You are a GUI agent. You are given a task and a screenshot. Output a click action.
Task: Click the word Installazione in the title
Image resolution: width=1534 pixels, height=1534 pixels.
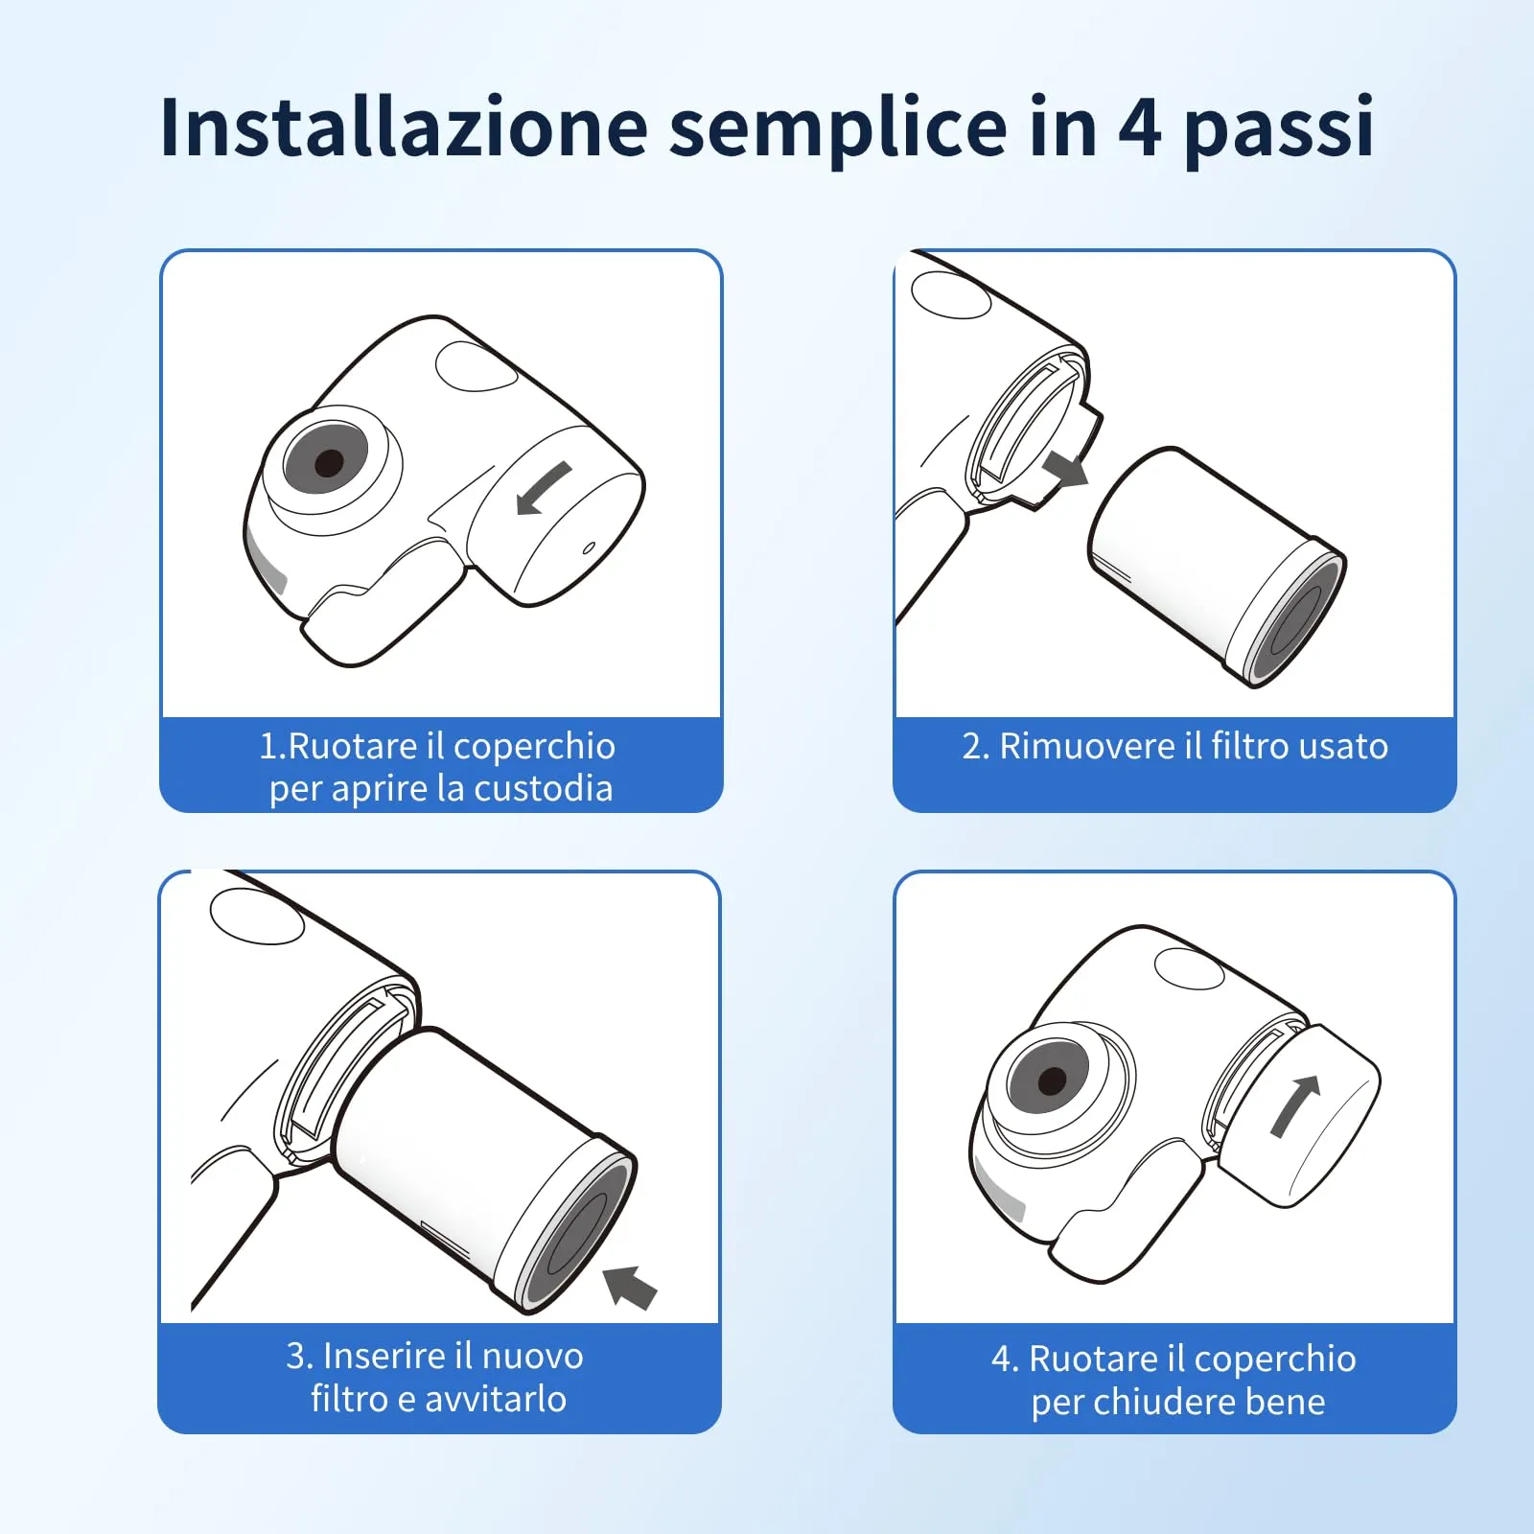[x=405, y=127]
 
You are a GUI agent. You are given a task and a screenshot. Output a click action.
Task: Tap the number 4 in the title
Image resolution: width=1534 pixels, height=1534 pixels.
[x=1139, y=127]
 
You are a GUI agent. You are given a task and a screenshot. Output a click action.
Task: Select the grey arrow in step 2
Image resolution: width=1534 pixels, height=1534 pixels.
[x=1065, y=468]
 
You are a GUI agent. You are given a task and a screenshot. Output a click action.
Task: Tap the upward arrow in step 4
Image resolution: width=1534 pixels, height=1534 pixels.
[x=1294, y=1106]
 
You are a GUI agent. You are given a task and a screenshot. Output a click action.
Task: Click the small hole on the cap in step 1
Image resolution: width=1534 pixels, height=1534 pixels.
[x=589, y=548]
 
